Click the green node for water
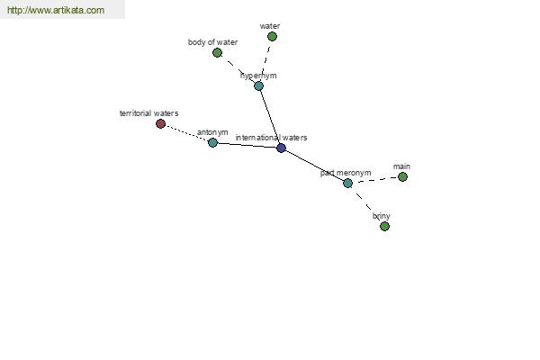click(x=272, y=36)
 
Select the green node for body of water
click(x=217, y=53)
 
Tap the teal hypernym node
click(x=258, y=85)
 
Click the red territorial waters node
click(x=160, y=123)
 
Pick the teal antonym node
click(x=212, y=142)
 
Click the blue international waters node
click(x=281, y=148)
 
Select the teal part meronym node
click(x=347, y=184)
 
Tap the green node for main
click(x=402, y=176)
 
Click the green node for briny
click(x=384, y=226)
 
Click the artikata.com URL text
click(x=56, y=10)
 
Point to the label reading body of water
click(x=212, y=42)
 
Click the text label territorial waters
click(x=148, y=113)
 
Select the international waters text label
click(x=272, y=138)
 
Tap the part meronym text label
click(x=346, y=173)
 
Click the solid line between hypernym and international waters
click(x=270, y=117)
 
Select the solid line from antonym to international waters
click(x=247, y=146)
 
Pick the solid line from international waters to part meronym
click(x=314, y=166)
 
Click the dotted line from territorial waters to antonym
click(x=186, y=133)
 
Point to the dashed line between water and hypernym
click(x=265, y=61)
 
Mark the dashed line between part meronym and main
click(x=375, y=180)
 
